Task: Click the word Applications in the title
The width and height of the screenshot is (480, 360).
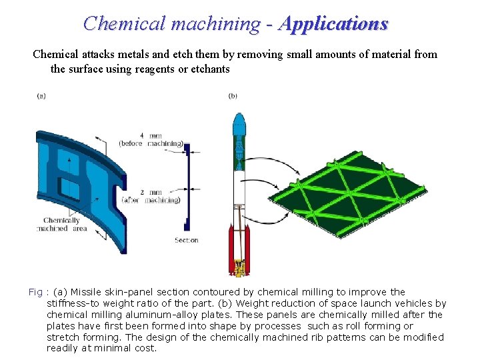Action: tap(334, 24)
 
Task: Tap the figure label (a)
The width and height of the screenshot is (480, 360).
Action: tap(41, 96)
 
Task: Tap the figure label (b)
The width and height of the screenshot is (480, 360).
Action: tap(233, 96)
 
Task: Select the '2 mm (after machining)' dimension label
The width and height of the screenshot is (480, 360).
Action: tap(151, 195)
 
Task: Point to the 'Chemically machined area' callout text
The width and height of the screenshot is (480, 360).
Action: tap(61, 225)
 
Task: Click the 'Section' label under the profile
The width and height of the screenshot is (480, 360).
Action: tap(187, 240)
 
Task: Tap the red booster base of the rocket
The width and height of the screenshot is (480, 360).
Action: tap(238, 247)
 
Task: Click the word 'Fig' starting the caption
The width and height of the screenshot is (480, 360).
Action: tap(35, 292)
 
